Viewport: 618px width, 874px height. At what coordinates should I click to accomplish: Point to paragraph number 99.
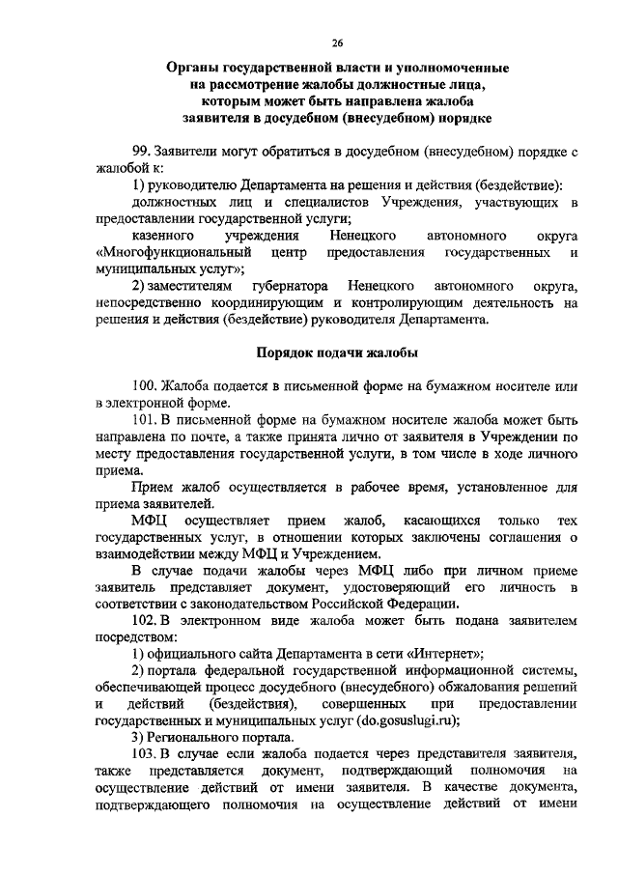[x=142, y=152]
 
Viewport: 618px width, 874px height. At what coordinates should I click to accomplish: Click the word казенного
[x=160, y=236]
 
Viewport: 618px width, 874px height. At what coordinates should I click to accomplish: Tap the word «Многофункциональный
[x=166, y=252]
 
